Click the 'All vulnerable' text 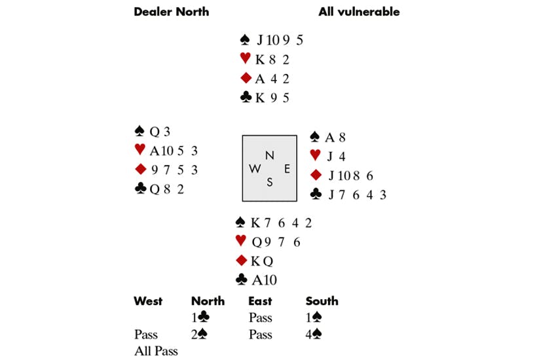click(359, 11)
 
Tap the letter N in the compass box click(269, 155)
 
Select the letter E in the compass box click(286, 168)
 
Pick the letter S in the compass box click(269, 182)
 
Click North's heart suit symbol click(246, 59)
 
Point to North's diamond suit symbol click(246, 79)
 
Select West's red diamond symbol click(139, 169)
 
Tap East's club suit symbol click(316, 194)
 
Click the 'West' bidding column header click(148, 301)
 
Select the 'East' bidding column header click(261, 301)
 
